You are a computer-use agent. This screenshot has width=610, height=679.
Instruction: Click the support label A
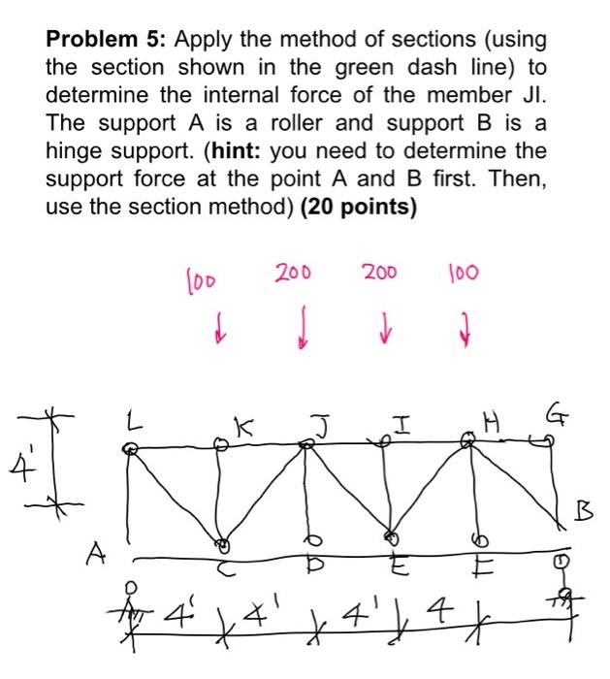pyautogui.click(x=95, y=552)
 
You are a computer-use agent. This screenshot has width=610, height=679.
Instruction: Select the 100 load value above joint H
pyautogui.click(x=460, y=275)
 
